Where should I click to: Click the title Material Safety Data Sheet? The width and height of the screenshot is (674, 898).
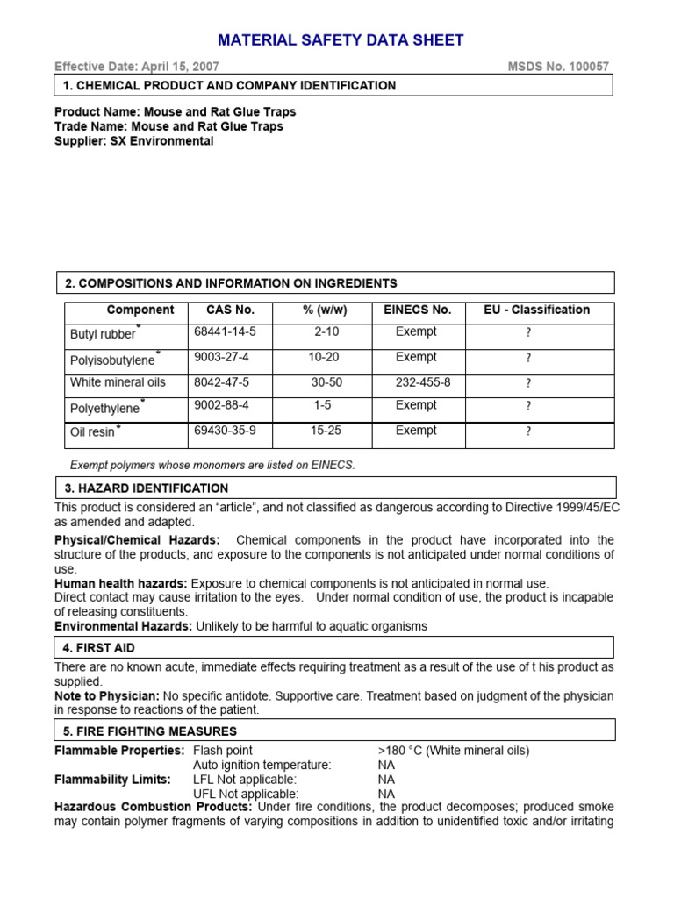tap(341, 40)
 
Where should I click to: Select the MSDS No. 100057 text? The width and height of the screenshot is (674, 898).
tap(558, 67)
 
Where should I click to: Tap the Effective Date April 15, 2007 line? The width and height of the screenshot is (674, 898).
tap(137, 67)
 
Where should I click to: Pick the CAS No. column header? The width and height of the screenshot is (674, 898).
tap(230, 310)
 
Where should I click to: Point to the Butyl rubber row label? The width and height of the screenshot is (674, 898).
tap(104, 334)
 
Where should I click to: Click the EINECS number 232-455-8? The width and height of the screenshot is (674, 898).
tap(424, 382)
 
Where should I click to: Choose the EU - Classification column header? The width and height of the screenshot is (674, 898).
tap(537, 310)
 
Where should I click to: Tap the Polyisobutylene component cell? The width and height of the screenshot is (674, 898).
tap(113, 360)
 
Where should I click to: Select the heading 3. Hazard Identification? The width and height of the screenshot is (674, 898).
tap(147, 488)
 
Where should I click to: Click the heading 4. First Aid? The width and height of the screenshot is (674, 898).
tap(99, 648)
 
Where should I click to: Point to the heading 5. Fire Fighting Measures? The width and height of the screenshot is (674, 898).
tap(150, 731)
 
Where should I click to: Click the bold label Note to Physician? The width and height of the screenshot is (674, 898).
tap(107, 695)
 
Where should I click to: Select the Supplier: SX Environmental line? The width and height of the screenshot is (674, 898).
tap(133, 141)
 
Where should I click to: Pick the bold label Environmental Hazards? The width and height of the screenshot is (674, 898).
tap(123, 626)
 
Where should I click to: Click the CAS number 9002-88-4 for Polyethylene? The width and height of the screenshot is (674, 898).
tap(221, 406)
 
